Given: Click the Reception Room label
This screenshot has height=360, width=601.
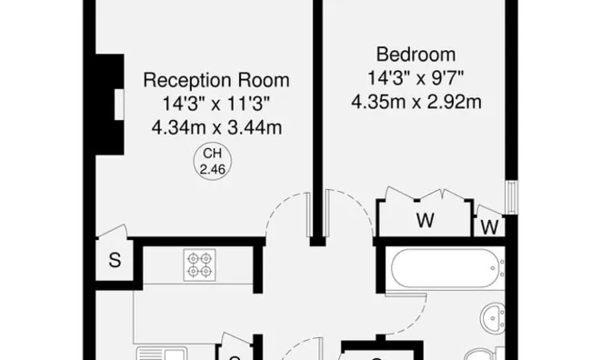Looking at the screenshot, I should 216,80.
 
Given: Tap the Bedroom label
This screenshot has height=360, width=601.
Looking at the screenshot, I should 415,54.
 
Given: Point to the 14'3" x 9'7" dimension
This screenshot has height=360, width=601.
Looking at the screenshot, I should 415,77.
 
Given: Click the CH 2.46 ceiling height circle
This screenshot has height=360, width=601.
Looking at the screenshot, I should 211,163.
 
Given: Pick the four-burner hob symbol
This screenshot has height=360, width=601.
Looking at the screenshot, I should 199,265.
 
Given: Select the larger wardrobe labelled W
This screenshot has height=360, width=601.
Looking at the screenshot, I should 424,218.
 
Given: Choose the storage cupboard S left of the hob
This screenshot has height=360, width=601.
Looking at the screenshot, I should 115,260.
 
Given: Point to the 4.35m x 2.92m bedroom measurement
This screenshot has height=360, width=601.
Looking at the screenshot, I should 415,101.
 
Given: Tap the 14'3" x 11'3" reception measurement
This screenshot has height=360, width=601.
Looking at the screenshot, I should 216,103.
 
